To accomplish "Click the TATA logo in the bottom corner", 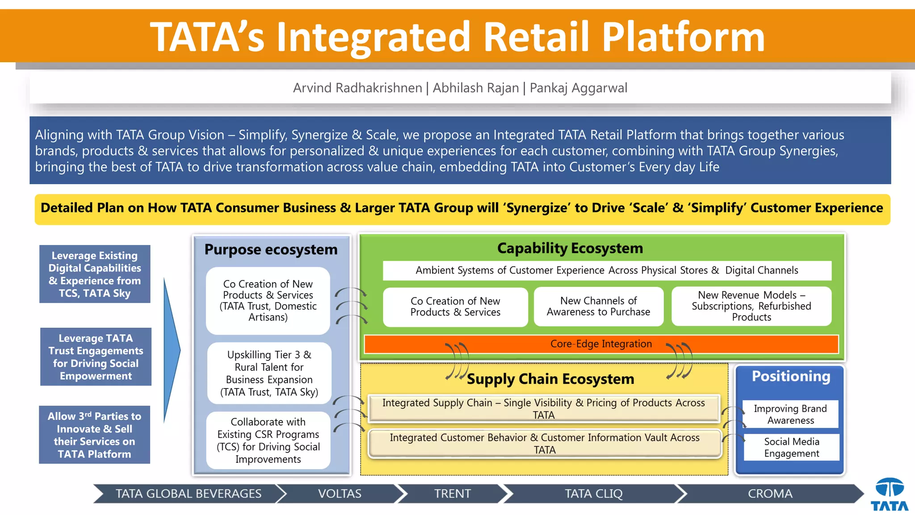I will pos(889,494).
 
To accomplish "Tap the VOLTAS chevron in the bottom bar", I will pos(340,494).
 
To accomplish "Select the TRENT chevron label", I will pos(452,494).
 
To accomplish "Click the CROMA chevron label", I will pos(770,494).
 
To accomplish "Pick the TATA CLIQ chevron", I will pos(593,494).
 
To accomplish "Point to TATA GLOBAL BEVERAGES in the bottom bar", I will pos(189,494).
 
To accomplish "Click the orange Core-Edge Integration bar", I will pos(601,344).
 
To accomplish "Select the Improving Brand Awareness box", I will pos(790,414).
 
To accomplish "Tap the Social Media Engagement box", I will pos(791,447).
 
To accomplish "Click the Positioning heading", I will pos(790,376).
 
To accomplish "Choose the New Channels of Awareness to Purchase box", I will pos(598,306).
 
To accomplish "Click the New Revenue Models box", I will pos(751,306).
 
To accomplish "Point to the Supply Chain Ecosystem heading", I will pos(550,379).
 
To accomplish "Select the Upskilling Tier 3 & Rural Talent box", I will pos(269,373).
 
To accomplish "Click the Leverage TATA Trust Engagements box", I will pos(96,357).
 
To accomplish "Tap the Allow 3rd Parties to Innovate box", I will pos(94,435).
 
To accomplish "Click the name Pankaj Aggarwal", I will pos(578,88).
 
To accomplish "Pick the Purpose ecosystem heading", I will pos(271,249).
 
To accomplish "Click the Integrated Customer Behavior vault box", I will pos(544,443).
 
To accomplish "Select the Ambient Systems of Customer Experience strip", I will pos(606,270).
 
